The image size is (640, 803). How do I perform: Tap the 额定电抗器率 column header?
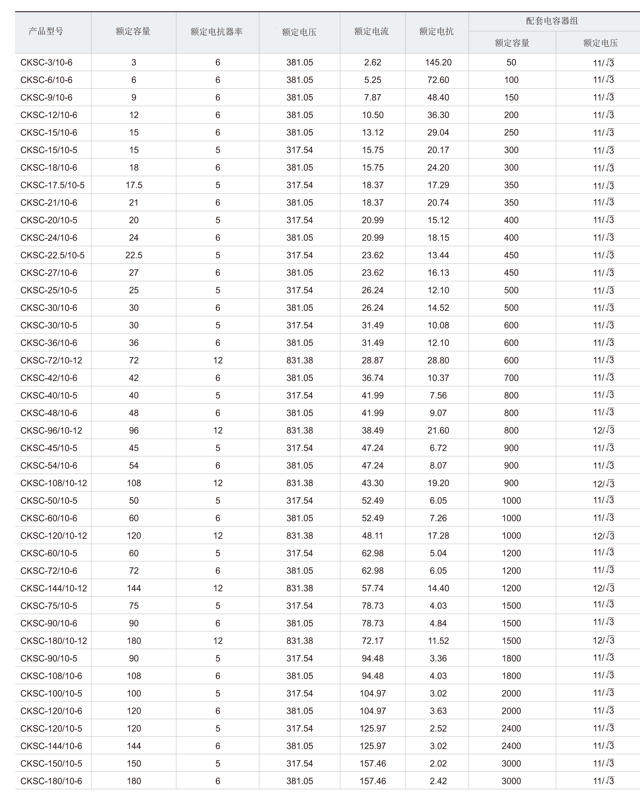click(216, 32)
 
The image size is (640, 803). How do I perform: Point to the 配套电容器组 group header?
click(552, 21)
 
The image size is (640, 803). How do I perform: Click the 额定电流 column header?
click(371, 31)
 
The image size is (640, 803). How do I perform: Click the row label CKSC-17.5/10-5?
click(53, 185)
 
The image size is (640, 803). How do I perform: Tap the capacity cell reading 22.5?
click(134, 255)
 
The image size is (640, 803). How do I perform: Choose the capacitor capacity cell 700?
click(511, 378)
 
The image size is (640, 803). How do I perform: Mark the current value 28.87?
click(373, 360)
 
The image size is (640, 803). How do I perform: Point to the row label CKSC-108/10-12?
click(54, 483)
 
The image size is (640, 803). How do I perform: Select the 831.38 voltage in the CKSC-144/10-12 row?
click(300, 588)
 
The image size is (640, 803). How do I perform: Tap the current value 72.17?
click(373, 641)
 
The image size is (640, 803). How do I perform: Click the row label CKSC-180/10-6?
click(51, 781)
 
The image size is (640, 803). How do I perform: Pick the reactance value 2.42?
click(438, 781)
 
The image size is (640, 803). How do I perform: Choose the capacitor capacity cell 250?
click(511, 132)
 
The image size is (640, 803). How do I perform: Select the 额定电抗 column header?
click(436, 31)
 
